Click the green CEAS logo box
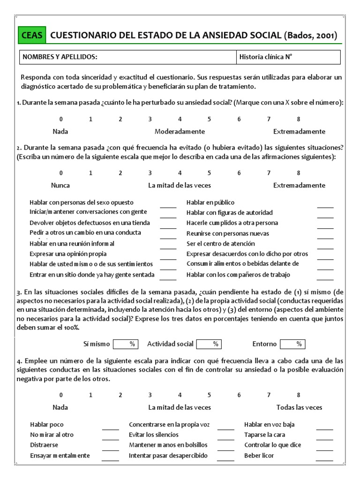click(x=32, y=35)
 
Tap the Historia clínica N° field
click(x=288, y=57)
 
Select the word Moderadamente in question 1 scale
click(x=180, y=131)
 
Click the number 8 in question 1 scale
click(x=298, y=119)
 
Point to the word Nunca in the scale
click(x=60, y=185)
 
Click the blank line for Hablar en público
click(x=325, y=204)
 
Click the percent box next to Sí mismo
click(x=125, y=344)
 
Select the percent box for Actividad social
click(x=209, y=344)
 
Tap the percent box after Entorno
click(x=292, y=344)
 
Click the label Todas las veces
click(x=299, y=407)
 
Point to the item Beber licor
click(x=259, y=456)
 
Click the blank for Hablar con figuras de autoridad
click(x=325, y=214)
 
